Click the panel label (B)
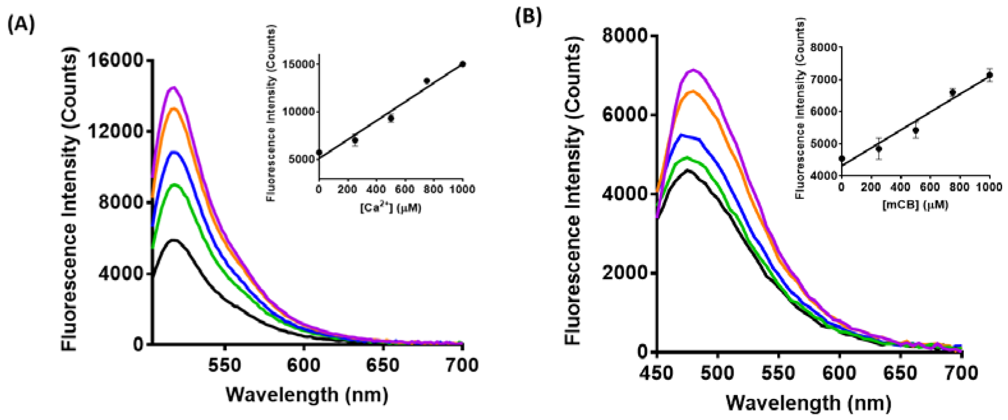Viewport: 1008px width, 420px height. (x=528, y=17)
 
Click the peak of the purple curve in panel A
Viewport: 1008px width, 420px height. (x=174, y=88)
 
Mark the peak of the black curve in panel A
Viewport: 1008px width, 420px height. (x=174, y=240)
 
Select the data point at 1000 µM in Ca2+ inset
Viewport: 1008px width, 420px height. (x=462, y=64)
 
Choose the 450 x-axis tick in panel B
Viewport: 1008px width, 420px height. (x=657, y=373)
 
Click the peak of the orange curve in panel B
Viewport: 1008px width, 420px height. (x=693, y=91)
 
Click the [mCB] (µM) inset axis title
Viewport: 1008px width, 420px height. (x=915, y=205)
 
